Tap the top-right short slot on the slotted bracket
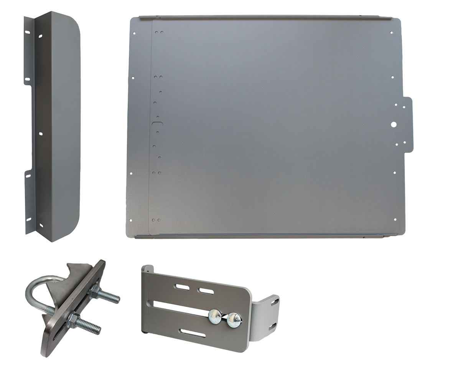click(x=206, y=291)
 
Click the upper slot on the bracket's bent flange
click(x=273, y=303)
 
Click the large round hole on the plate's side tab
click(x=393, y=124)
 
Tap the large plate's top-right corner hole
click(x=391, y=33)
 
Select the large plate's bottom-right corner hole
click(x=395, y=219)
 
